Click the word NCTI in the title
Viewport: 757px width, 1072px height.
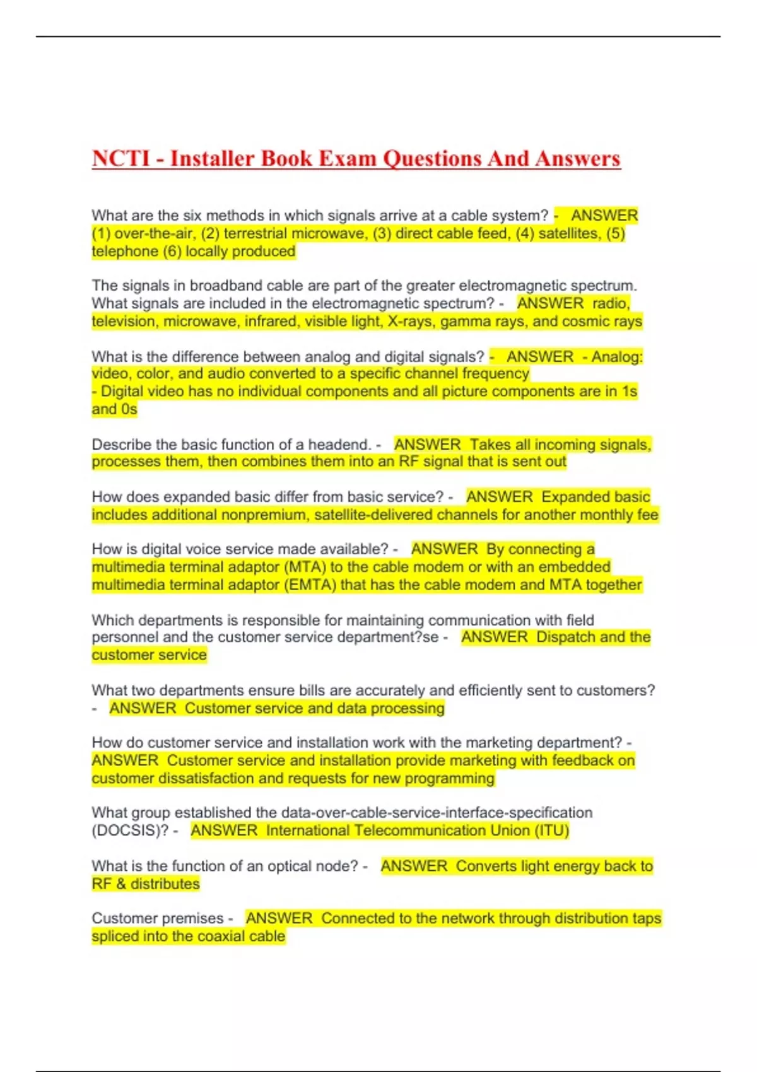tap(121, 158)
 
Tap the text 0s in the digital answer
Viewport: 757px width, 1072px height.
tap(129, 409)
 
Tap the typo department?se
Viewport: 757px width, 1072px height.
tap(387, 637)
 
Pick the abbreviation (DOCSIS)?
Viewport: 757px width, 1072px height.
tap(130, 830)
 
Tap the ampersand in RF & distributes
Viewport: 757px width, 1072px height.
tap(121, 883)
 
